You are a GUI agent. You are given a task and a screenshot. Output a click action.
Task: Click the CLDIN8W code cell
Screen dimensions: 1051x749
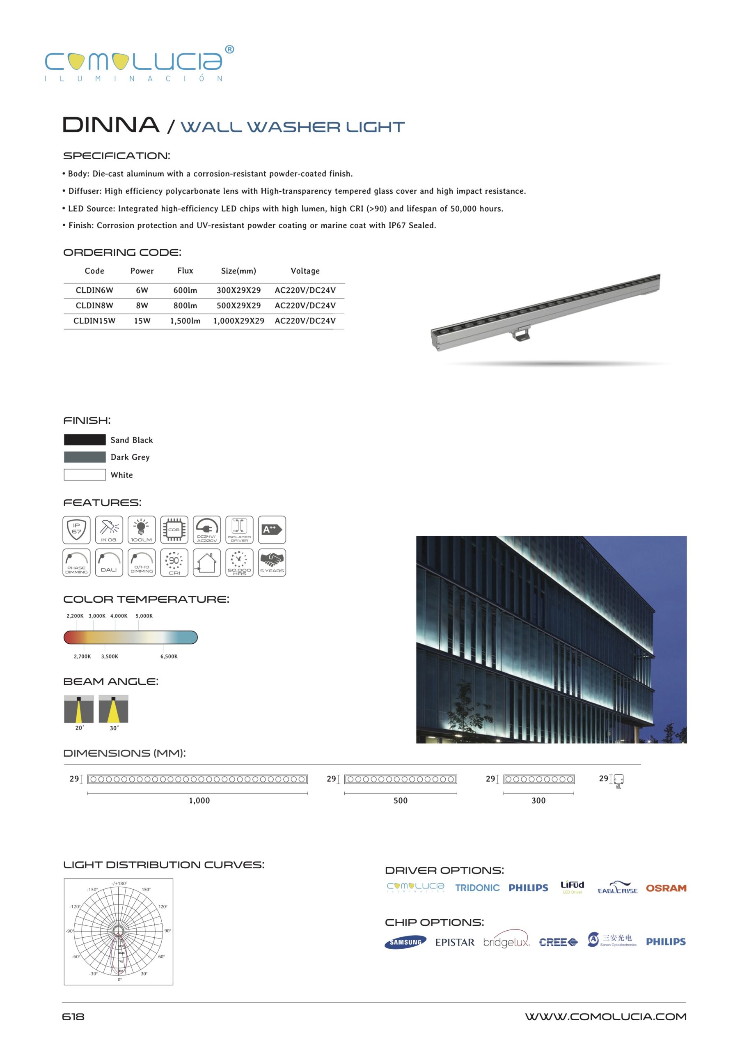click(94, 305)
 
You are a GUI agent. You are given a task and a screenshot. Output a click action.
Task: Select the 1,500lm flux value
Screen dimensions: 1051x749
click(185, 321)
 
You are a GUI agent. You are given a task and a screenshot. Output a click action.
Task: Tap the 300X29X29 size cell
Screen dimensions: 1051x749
click(238, 290)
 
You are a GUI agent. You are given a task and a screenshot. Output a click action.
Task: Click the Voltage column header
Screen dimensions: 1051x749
click(305, 271)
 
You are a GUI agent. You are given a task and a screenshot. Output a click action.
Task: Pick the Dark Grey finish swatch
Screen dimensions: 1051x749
click(85, 457)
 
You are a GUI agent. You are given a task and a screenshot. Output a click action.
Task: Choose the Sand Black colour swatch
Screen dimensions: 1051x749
click(85, 440)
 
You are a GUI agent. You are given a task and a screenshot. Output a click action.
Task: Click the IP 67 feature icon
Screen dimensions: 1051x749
click(77, 529)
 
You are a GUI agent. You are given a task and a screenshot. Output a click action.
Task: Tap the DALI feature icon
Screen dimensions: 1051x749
click(109, 562)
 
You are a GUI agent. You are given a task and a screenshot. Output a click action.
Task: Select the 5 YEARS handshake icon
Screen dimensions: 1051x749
click(272, 562)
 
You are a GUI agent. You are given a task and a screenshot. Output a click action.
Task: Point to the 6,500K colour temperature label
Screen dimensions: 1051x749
click(169, 656)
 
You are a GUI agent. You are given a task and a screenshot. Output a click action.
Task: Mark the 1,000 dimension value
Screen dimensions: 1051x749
click(199, 801)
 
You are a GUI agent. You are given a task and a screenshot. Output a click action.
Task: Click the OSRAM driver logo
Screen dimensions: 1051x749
click(666, 888)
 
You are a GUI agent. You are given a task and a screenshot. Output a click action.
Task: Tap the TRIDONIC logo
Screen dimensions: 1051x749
click(477, 888)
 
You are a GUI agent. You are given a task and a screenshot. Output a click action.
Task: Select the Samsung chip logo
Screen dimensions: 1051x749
click(405, 942)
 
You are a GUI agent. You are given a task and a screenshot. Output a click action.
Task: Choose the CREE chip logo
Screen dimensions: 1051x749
click(558, 942)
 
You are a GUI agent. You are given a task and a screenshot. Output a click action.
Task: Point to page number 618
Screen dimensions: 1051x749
click(73, 1017)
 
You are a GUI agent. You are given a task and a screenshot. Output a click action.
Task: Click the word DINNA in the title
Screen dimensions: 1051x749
click(111, 125)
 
